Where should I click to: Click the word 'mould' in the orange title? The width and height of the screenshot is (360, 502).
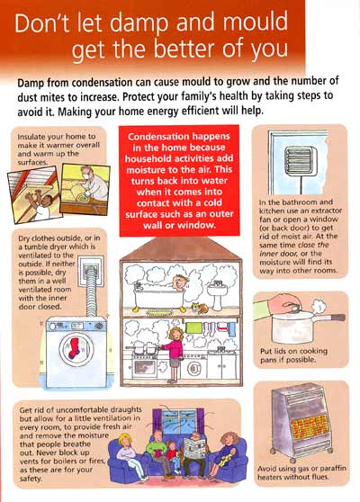256,22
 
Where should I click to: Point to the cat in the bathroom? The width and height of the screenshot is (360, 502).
200,309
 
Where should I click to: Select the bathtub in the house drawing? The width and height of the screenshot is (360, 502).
159,296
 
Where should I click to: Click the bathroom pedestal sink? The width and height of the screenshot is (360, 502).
218,295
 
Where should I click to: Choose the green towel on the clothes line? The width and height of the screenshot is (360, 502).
193,327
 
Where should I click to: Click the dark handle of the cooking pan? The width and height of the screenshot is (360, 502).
338,318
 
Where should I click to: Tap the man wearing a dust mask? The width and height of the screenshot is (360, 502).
93,184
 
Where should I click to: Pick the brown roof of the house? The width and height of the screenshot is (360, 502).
181,249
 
